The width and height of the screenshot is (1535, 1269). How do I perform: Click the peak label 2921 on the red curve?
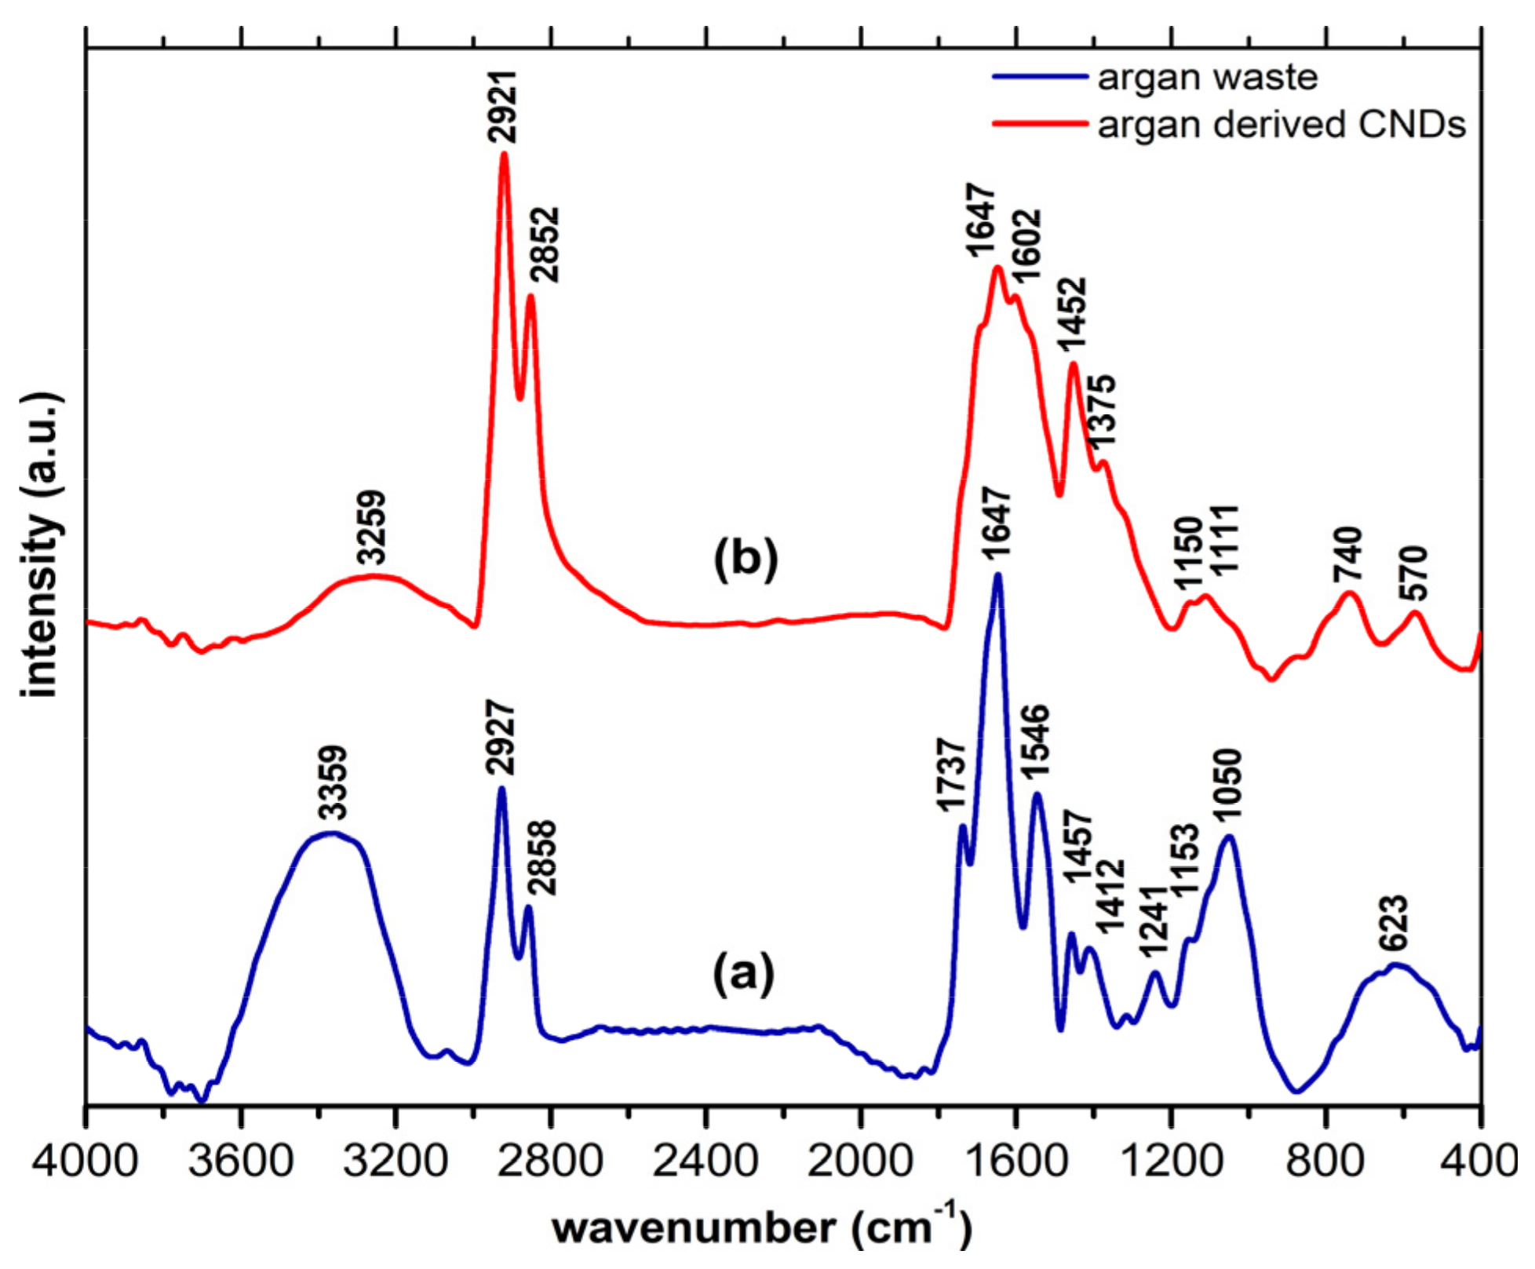(x=502, y=108)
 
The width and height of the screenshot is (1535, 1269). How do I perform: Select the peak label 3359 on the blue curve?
(x=333, y=782)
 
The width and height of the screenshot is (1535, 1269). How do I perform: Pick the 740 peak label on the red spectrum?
(x=1348, y=555)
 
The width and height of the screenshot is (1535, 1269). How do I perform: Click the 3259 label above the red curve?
(x=372, y=527)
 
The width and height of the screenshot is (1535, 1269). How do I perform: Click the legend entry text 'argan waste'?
(x=1207, y=78)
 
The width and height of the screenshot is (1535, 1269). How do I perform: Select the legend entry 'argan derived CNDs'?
(x=1281, y=125)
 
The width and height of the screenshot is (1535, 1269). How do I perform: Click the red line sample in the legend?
(x=1040, y=124)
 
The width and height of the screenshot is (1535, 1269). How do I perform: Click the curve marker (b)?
(x=746, y=560)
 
